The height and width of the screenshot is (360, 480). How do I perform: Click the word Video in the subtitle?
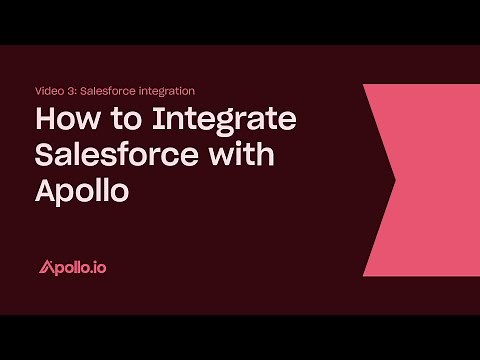pyautogui.click(x=48, y=92)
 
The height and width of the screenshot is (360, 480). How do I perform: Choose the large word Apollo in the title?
pyautogui.click(x=82, y=189)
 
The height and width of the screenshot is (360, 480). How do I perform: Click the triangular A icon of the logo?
pyautogui.click(x=45, y=267)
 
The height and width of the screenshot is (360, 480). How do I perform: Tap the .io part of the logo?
pyautogui.click(x=99, y=267)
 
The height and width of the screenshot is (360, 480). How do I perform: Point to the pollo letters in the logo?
pyautogui.click(x=71, y=267)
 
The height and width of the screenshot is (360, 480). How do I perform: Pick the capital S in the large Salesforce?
pyautogui.click(x=45, y=156)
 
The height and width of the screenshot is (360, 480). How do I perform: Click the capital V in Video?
pyautogui.click(x=38, y=92)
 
